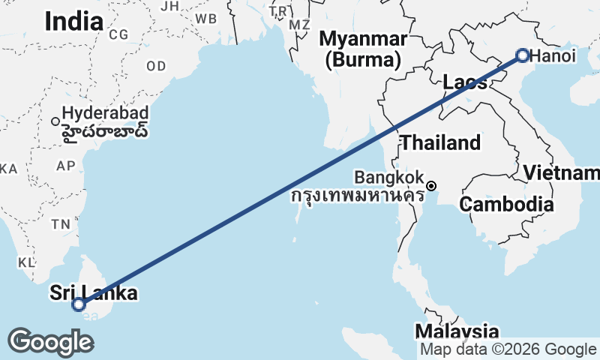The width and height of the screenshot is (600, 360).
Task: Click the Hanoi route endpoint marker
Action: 523,55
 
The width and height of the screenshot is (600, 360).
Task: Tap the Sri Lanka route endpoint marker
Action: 78,304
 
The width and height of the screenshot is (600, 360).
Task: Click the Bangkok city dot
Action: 431,185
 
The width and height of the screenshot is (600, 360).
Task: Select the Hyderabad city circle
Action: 55,120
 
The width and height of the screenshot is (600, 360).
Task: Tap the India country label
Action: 73,22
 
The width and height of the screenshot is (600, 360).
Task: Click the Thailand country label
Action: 440,142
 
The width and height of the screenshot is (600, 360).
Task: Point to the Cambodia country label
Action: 507,204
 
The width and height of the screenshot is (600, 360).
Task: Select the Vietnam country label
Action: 561,173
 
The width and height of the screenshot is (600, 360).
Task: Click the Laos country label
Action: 465,82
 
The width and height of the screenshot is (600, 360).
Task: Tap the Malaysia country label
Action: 457,331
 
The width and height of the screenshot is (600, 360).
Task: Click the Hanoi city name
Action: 554,55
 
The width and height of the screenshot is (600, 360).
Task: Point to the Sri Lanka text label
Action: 94,292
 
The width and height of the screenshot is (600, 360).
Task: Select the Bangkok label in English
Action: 389,178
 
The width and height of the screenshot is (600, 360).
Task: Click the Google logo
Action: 50,342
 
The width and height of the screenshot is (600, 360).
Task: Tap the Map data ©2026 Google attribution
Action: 508,349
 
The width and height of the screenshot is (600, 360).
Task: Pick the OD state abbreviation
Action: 156,67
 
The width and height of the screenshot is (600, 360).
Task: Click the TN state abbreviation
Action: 61,223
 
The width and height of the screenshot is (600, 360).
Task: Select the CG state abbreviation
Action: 118,34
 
